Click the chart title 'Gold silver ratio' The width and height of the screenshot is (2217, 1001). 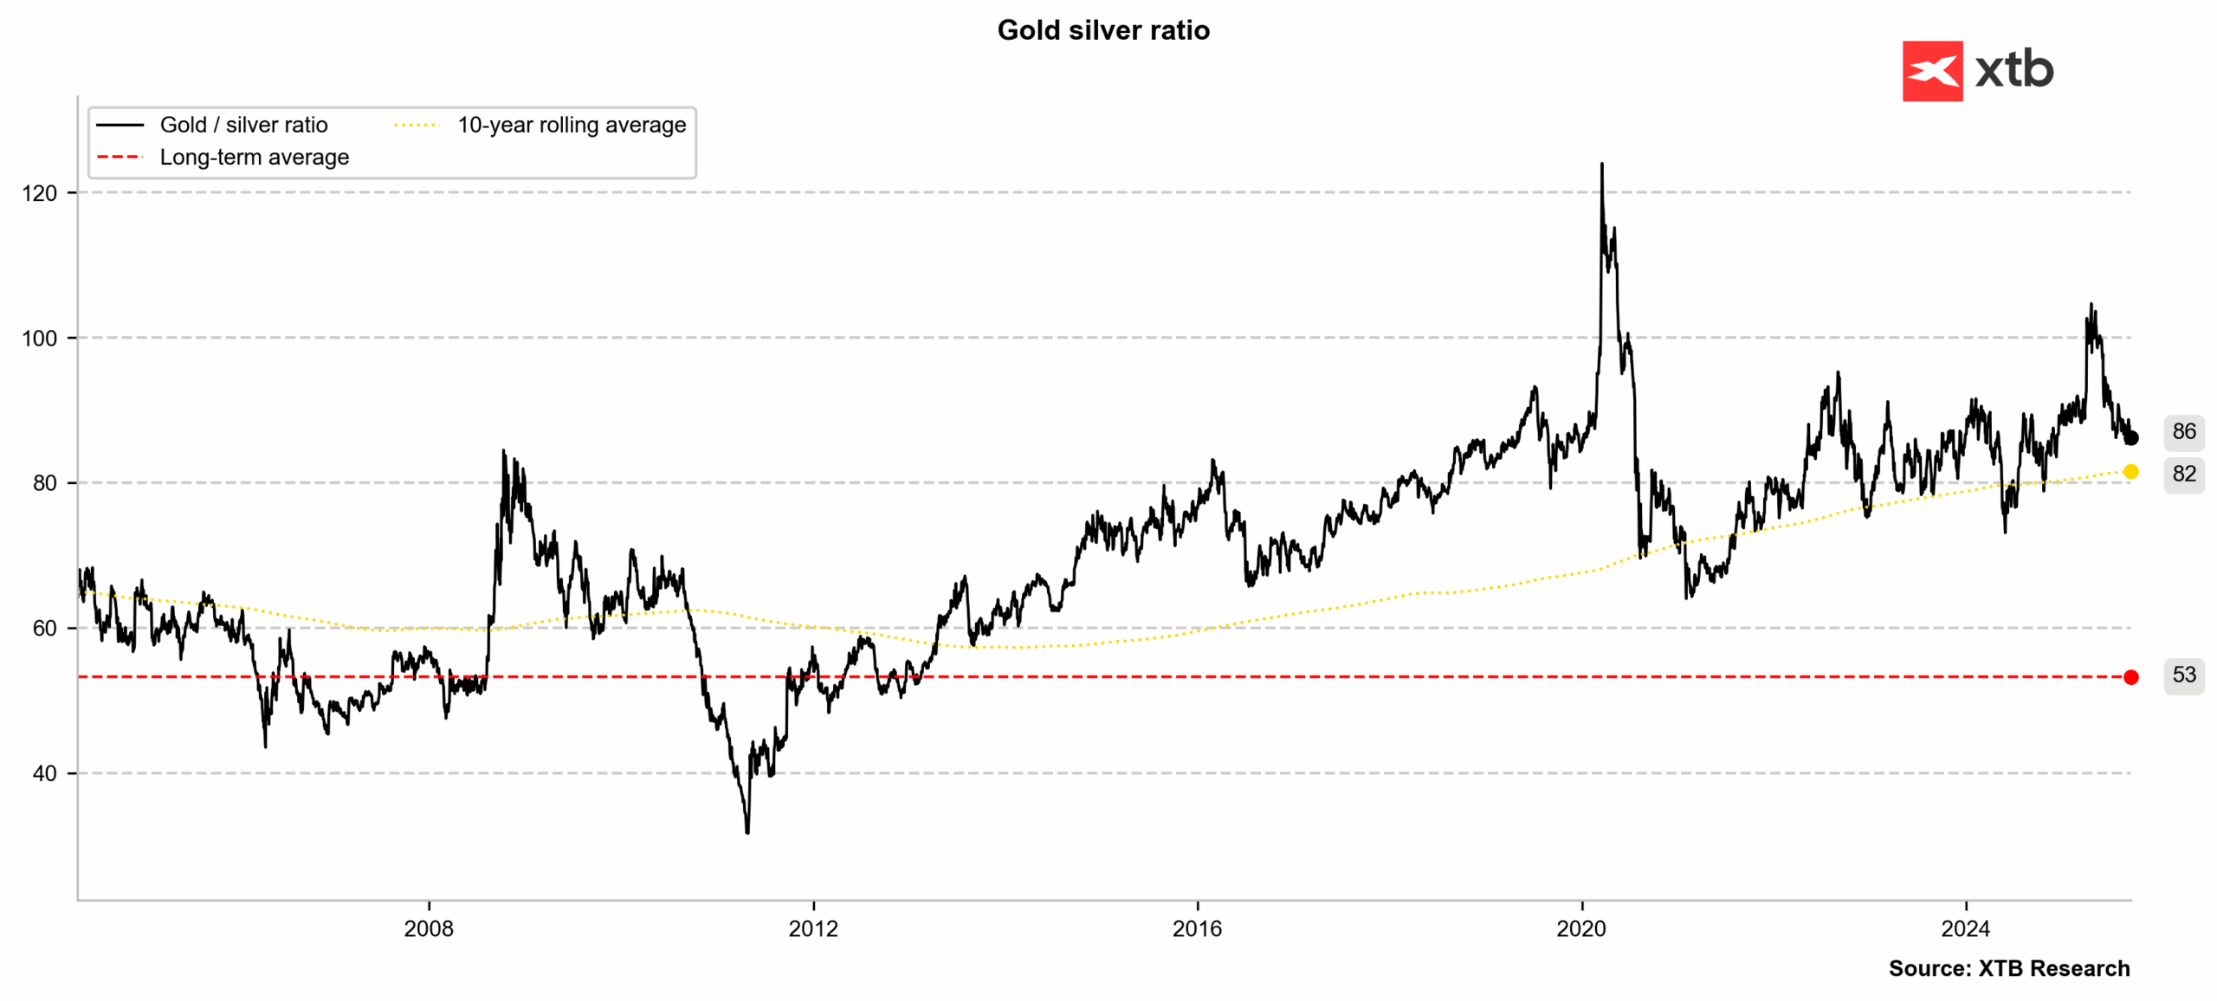click(x=1102, y=30)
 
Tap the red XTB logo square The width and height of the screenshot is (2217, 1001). click(x=1931, y=71)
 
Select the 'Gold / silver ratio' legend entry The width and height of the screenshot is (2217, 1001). click(x=243, y=125)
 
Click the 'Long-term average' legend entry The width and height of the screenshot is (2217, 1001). click(x=254, y=158)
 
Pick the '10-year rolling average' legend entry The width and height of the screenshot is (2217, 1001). click(x=571, y=125)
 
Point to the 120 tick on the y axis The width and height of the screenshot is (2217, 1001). click(x=40, y=193)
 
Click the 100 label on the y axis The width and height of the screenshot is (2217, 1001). click(x=40, y=339)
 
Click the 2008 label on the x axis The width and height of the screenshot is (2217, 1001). click(x=429, y=929)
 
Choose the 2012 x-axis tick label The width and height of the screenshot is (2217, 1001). click(x=813, y=929)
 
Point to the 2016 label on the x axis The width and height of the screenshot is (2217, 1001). click(x=1197, y=929)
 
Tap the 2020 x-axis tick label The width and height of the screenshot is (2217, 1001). click(x=1581, y=929)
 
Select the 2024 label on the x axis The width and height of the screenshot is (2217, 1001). click(x=1966, y=929)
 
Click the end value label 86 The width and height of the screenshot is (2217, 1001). click(x=2183, y=431)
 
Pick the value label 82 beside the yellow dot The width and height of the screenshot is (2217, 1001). click(x=2183, y=474)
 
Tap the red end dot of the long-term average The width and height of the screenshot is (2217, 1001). click(x=2130, y=677)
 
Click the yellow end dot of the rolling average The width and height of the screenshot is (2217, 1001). click(x=2130, y=472)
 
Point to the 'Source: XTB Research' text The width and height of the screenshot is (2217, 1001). click(x=2008, y=968)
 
